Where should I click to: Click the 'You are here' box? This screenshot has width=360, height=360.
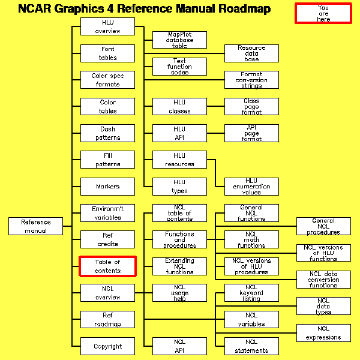click(x=323, y=13)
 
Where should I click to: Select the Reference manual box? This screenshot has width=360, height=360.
click(x=36, y=226)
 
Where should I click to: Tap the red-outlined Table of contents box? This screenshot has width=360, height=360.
click(x=108, y=266)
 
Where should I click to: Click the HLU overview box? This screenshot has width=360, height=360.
click(x=108, y=26)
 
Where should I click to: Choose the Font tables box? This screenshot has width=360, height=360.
click(x=108, y=53)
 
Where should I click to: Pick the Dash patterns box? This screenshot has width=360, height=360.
click(x=108, y=133)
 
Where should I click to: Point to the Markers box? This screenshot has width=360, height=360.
click(x=108, y=187)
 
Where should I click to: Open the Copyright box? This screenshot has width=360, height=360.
click(x=108, y=346)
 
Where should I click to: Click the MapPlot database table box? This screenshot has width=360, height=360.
click(x=180, y=40)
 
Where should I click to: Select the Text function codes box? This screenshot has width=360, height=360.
click(x=180, y=67)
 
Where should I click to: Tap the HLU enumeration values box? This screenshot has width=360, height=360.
click(x=251, y=187)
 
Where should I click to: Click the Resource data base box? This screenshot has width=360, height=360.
click(x=251, y=53)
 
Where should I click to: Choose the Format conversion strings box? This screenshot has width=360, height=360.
click(x=251, y=80)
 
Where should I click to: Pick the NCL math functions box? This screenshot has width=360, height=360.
click(x=251, y=239)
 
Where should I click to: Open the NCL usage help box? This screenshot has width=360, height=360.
click(x=180, y=293)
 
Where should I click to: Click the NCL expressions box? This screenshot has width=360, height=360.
click(x=323, y=333)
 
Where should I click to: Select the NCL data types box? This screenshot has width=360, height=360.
click(x=323, y=306)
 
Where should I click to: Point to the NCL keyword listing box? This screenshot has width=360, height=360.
click(x=251, y=293)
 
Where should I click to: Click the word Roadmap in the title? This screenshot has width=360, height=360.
click(x=239, y=9)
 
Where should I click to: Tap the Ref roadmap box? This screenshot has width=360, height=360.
click(x=108, y=320)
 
